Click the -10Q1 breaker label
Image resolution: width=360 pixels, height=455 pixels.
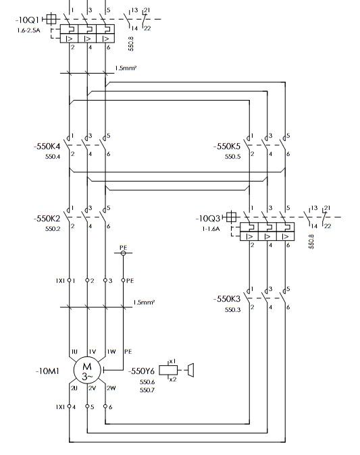tap(27, 20)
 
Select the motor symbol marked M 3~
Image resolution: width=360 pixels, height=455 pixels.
tap(87, 371)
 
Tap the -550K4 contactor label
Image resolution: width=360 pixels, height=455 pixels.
tap(47, 146)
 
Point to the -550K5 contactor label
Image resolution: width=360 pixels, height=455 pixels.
tap(227, 146)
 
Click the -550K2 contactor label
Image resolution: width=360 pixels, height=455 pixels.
tap(47, 218)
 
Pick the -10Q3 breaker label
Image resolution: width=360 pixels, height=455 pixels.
tap(208, 218)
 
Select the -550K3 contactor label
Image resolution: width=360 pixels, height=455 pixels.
tap(227, 298)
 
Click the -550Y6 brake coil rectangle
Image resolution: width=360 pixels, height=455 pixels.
tap(168, 370)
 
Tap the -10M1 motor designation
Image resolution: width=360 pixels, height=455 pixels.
tap(47, 371)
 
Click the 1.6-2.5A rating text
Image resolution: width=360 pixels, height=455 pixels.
tap(28, 30)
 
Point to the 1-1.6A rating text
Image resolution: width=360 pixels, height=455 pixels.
tap(211, 229)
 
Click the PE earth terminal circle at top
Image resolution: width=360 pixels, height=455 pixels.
tap(123, 253)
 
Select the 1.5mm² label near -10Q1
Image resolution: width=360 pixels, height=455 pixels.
tap(126, 68)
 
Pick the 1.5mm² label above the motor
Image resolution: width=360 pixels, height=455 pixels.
tap(144, 302)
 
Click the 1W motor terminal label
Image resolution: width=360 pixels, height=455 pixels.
tap(111, 352)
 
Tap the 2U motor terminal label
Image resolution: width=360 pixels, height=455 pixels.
tap(74, 388)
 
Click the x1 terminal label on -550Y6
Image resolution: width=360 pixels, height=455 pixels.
tap(172, 361)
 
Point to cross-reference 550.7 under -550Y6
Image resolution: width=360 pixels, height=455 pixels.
tap(147, 390)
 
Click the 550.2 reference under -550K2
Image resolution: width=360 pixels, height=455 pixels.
tap(53, 229)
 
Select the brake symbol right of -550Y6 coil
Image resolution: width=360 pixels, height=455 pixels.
tap(190, 370)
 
